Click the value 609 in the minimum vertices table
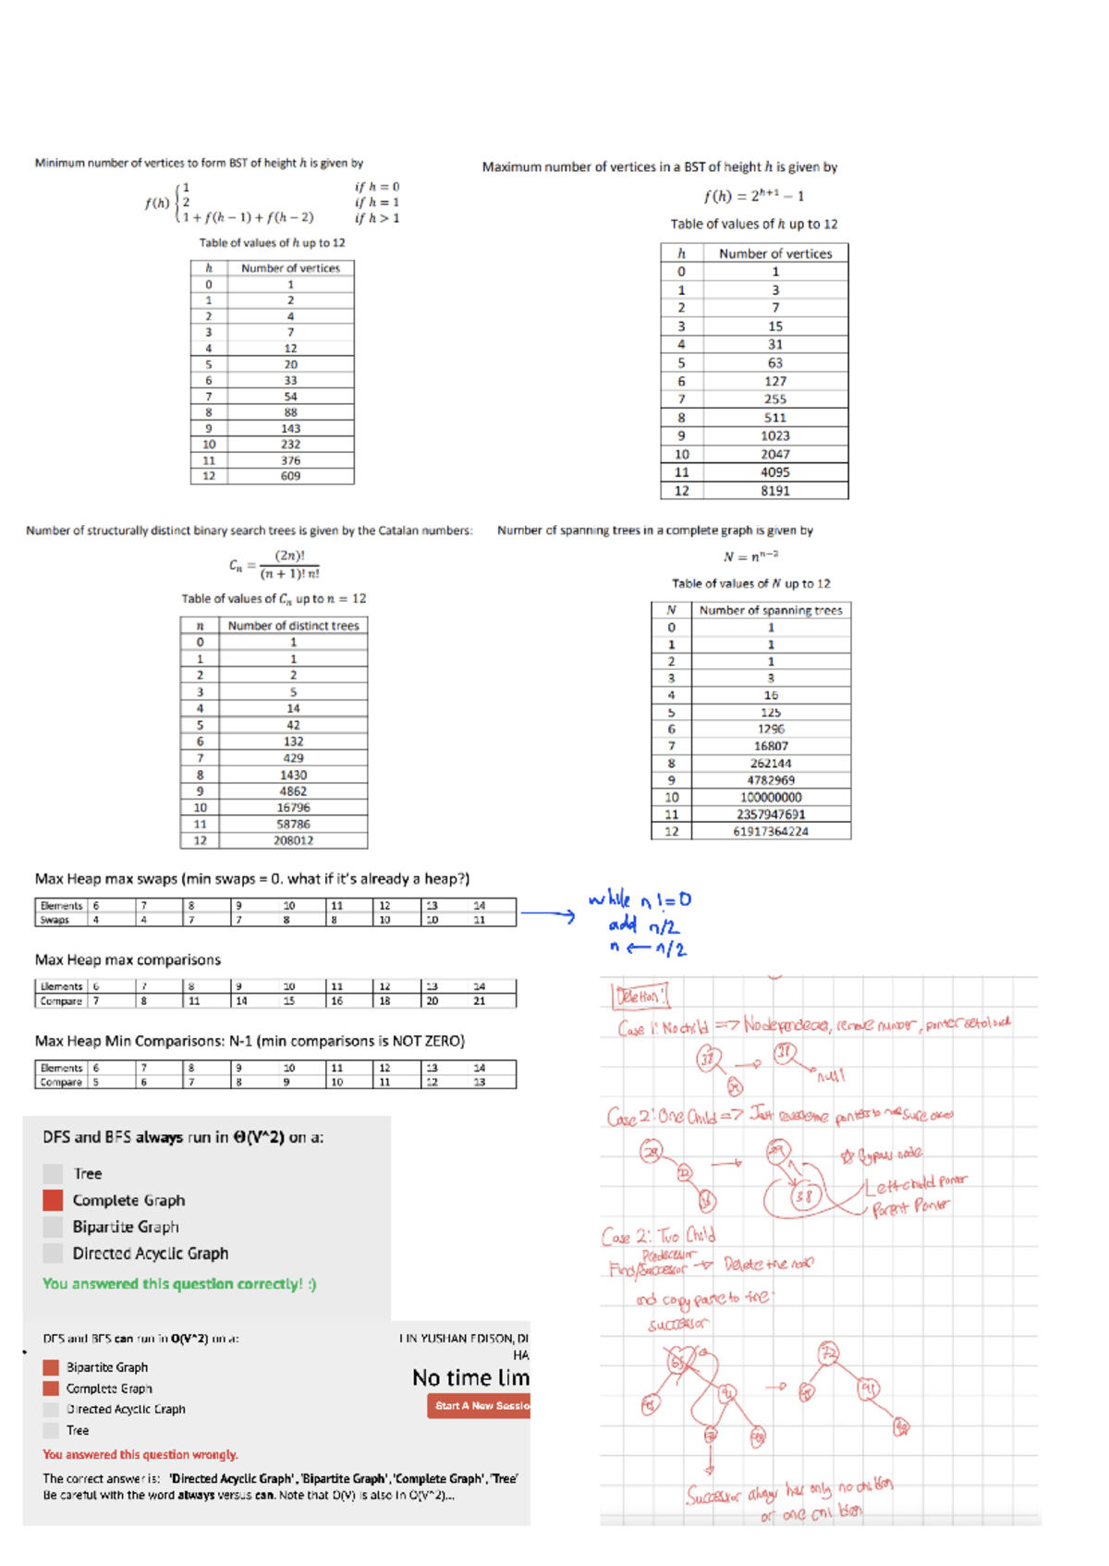(290, 476)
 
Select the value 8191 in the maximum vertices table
(774, 491)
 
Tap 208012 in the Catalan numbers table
(293, 840)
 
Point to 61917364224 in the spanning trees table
(770, 831)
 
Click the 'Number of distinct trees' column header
(293, 626)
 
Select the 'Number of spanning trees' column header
(770, 610)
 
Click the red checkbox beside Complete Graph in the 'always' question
(53, 1200)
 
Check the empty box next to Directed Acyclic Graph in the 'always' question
(53, 1254)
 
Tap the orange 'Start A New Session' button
(479, 1406)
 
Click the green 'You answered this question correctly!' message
(179, 1284)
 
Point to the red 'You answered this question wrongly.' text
(140, 1454)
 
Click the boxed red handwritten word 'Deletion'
(639, 997)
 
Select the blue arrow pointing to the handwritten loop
(547, 915)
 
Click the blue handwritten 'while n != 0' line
(640, 899)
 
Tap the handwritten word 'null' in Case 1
(830, 1076)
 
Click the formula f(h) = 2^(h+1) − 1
(753, 196)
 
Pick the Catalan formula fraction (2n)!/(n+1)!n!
(289, 565)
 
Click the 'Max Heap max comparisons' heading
(128, 960)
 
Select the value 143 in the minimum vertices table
(290, 428)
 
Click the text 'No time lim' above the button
(470, 1377)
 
